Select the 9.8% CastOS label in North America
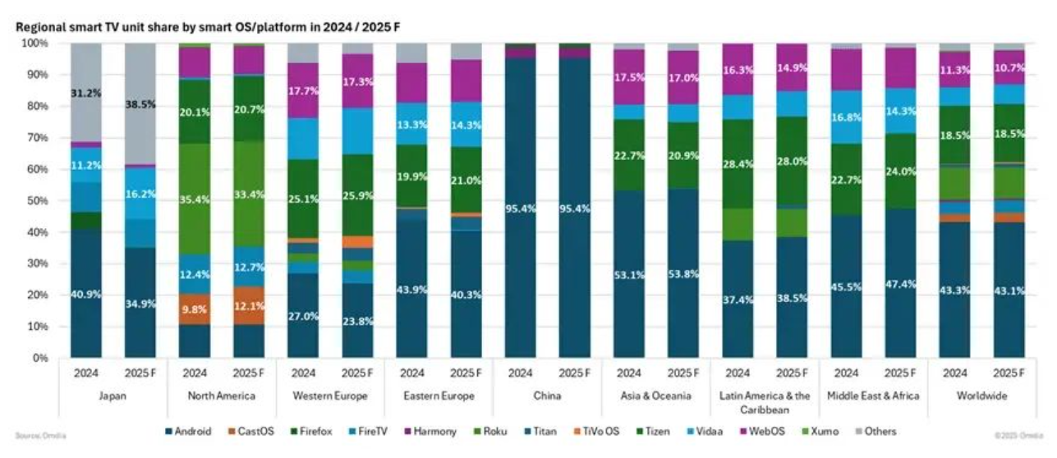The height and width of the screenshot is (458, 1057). [x=194, y=309]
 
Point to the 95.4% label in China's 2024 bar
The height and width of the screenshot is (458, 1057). [x=520, y=208]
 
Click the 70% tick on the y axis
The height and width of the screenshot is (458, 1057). [x=39, y=138]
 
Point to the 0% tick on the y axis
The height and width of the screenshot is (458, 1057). [x=41, y=358]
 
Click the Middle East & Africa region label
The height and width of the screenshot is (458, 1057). [x=872, y=396]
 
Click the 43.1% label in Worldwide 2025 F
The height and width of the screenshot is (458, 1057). [x=1008, y=291]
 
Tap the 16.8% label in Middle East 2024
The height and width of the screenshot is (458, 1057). [x=845, y=117]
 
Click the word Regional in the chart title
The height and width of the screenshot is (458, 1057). [x=39, y=27]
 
